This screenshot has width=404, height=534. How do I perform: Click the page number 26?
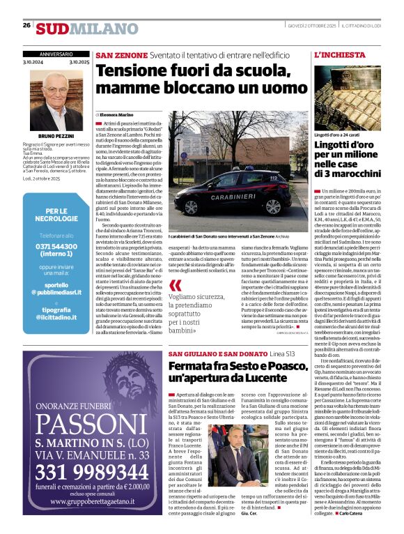(26, 25)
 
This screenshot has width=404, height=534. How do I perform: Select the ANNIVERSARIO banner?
(56, 54)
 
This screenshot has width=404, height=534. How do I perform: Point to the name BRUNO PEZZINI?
(56, 137)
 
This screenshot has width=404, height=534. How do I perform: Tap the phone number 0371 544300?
(56, 247)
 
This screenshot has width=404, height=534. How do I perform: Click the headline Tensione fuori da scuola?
(201, 80)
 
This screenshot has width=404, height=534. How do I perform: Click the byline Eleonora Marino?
(116, 114)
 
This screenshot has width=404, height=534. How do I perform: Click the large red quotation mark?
(176, 284)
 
